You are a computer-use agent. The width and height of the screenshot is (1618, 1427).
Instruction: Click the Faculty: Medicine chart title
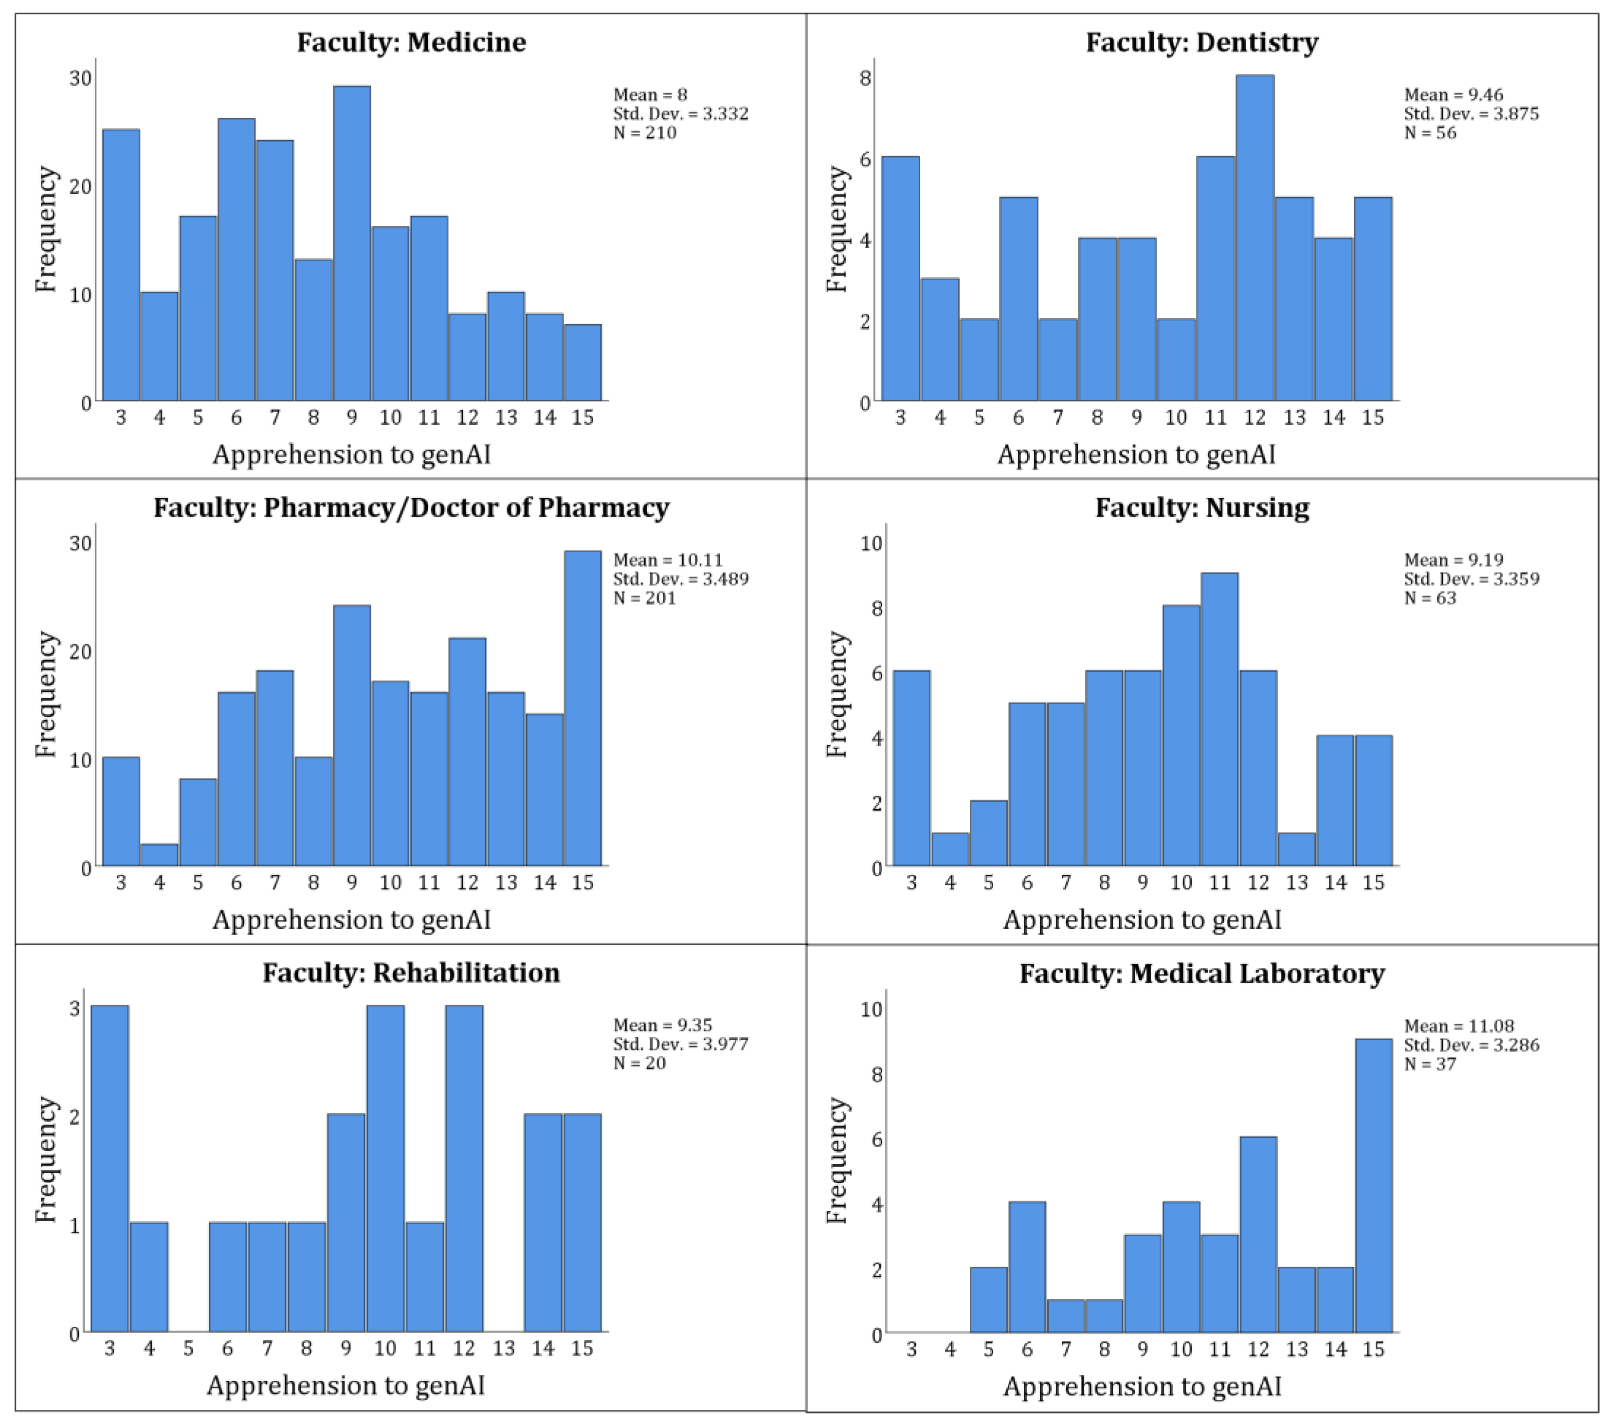point(411,42)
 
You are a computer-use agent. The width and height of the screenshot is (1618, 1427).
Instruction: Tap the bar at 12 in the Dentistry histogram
point(1254,237)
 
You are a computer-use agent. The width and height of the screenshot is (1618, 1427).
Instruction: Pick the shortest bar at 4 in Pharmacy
point(159,855)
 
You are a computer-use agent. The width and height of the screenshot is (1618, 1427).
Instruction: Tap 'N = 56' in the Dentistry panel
point(1430,132)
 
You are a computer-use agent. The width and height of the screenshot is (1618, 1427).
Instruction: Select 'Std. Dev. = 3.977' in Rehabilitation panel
point(680,1044)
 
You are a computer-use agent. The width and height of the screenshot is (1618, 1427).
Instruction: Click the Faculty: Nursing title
point(1201,507)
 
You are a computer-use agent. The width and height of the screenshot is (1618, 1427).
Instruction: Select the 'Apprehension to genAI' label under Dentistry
point(1136,454)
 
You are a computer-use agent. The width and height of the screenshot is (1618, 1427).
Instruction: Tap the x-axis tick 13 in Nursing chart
point(1297,883)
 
